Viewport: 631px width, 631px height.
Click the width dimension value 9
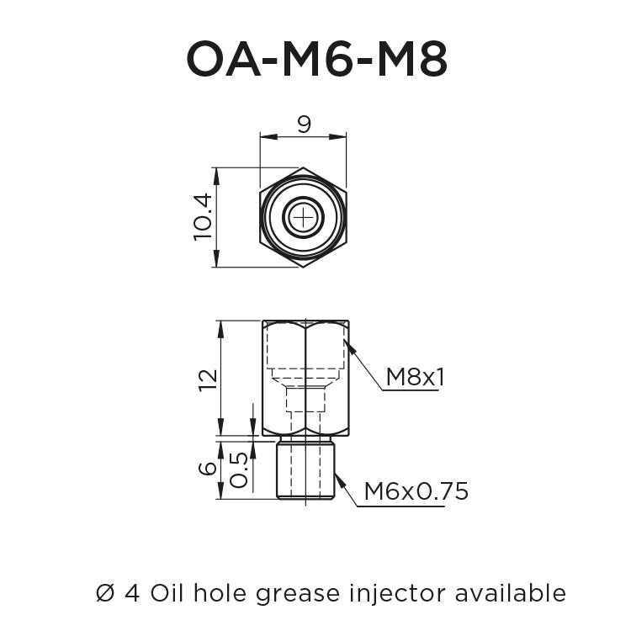304,125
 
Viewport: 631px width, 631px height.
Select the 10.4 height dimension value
203,217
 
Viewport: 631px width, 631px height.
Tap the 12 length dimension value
208,379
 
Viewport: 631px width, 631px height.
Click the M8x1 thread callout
415,378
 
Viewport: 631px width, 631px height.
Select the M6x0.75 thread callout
416,491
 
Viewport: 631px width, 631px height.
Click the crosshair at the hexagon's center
303,218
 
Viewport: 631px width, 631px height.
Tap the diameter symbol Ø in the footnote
104,592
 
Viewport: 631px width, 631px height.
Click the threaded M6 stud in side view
305,470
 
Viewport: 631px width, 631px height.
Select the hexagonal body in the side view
305,379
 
